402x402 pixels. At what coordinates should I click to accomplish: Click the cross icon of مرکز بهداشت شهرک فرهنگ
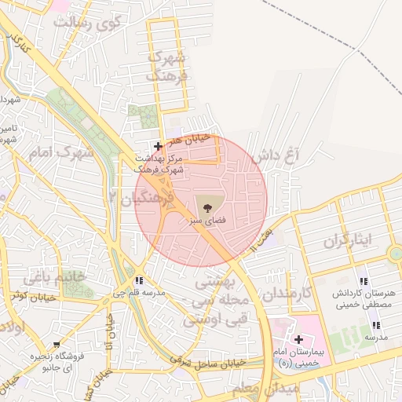(x=159, y=146)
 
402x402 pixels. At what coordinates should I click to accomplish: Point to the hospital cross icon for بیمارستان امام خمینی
(x=298, y=339)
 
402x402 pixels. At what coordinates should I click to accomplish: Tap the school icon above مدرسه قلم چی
(x=140, y=280)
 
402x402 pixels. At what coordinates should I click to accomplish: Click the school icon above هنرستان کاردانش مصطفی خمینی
(x=363, y=281)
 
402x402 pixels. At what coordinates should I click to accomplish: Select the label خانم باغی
(x=53, y=276)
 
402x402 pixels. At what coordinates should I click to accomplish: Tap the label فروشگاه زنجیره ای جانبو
(x=52, y=361)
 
